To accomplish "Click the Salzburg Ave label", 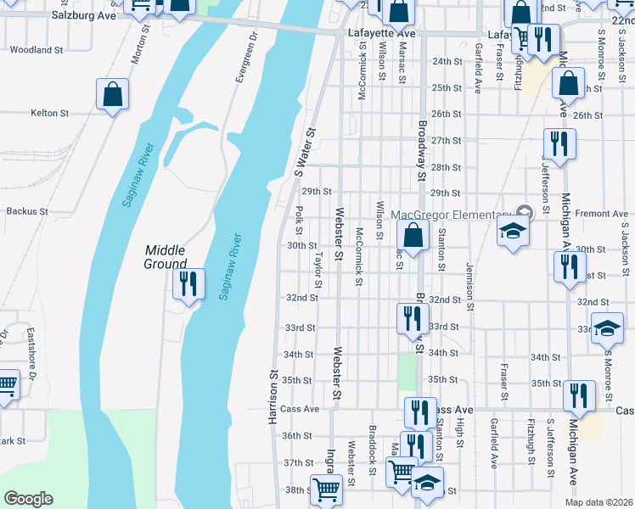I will pos(82,14).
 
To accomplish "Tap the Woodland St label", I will pos(37,50).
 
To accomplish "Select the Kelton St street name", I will pos(49,113).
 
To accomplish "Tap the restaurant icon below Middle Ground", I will pos(188,284).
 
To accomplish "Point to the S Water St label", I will pos(305,153).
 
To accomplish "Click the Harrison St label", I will pos(273,398).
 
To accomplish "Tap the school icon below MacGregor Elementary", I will pos(513,232).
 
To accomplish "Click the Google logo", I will pos(28,499).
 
